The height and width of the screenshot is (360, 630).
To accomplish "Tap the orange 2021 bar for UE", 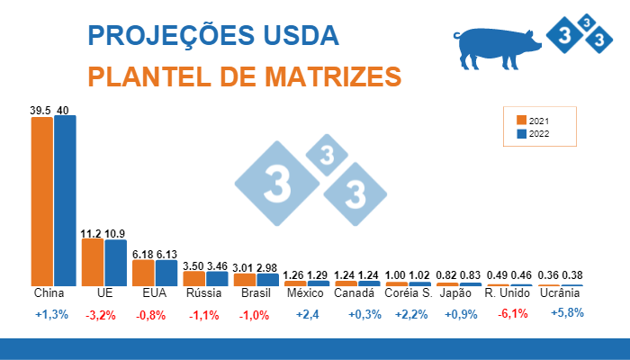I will (x=93, y=262).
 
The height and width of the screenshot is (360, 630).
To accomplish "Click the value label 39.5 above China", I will (x=40, y=110).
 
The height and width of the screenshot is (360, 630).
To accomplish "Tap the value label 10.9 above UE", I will (x=115, y=233).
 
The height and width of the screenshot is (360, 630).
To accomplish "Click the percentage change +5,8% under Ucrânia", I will (x=566, y=313).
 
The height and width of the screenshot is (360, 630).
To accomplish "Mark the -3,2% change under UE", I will (x=102, y=314).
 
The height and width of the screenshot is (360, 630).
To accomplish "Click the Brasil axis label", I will (x=256, y=294).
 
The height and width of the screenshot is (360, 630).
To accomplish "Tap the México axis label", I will (x=305, y=294).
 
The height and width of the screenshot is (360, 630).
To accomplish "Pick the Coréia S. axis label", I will (x=408, y=294).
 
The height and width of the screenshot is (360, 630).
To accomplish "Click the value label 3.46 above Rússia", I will (x=217, y=266).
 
